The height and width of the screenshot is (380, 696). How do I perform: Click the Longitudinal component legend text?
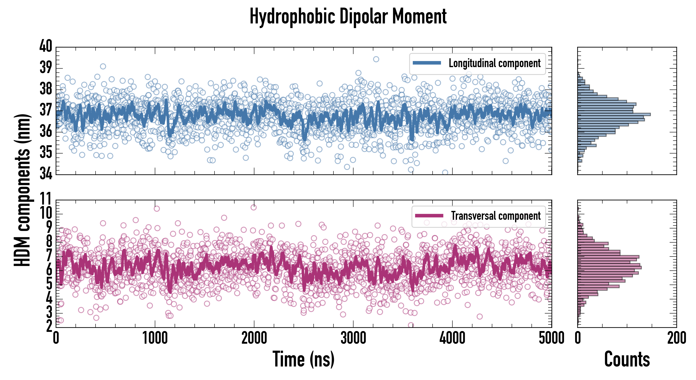494,63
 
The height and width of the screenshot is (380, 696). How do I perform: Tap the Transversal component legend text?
496,216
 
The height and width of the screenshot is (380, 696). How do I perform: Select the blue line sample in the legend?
427,63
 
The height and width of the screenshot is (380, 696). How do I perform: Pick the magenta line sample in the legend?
429,216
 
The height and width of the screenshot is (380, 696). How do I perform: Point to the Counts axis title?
627,359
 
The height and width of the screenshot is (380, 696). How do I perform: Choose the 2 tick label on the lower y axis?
49,326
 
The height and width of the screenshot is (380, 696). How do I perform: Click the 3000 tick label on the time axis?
353,338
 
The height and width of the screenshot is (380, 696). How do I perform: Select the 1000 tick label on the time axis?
155,338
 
